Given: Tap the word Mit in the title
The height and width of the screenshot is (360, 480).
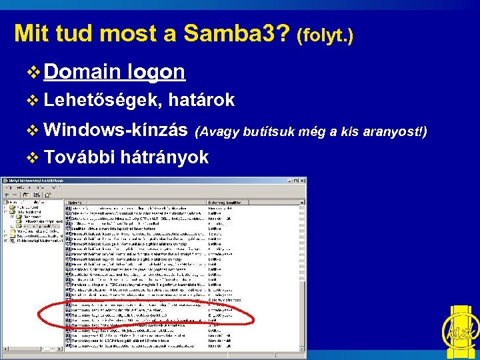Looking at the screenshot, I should (29, 33).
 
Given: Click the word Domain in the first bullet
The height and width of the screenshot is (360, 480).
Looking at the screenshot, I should (84, 72).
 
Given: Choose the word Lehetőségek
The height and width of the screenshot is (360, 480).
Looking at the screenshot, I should (103, 100).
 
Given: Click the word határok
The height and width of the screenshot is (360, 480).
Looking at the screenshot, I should (201, 100).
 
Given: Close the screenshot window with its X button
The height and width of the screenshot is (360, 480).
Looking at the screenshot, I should (303, 181).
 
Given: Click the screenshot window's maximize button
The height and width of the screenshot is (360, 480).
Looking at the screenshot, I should (297, 181).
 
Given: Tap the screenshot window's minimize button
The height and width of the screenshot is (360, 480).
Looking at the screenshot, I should (291, 181).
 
